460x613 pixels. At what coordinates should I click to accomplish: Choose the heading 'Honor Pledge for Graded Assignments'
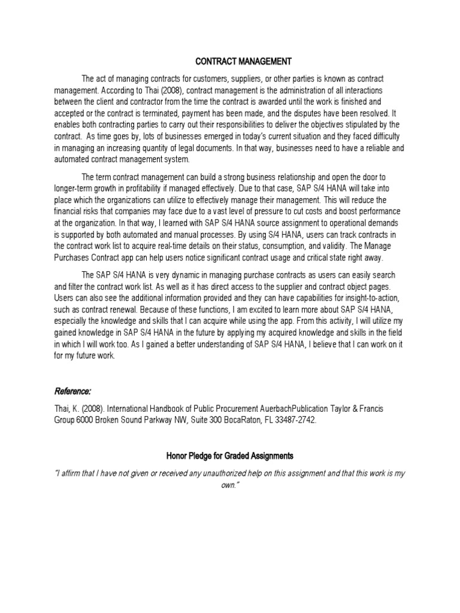(x=229, y=456)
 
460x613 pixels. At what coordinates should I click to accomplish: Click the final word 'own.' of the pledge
(x=230, y=484)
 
